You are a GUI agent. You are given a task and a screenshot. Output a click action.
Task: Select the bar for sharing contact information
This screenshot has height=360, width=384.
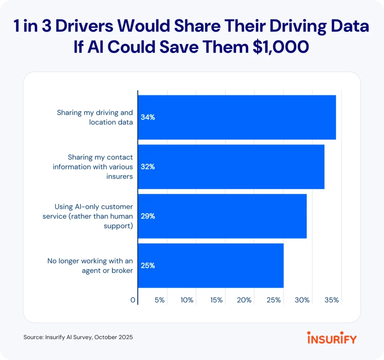tap(231, 167)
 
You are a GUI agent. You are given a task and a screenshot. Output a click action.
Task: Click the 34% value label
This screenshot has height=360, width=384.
tap(148, 117)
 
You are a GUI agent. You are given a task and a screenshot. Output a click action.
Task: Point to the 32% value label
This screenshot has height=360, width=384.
tap(148, 167)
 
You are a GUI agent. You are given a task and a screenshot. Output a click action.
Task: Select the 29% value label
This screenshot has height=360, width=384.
tap(148, 216)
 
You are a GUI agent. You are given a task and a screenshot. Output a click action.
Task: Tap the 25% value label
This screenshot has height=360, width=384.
tap(148, 266)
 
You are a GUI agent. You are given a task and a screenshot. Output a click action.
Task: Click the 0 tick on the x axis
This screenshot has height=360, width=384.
tap(133, 300)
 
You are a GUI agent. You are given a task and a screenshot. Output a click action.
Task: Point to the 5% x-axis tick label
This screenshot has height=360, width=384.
tap(160, 300)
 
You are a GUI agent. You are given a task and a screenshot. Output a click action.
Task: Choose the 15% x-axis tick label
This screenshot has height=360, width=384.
tap(216, 300)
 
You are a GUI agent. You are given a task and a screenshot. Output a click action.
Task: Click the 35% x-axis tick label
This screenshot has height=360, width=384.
tap(332, 300)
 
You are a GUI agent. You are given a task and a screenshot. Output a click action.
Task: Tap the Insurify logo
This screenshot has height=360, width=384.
tap(332, 337)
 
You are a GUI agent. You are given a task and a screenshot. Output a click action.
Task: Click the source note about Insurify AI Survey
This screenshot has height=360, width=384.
tap(78, 337)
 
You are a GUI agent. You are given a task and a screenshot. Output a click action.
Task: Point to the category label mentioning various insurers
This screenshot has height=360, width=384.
tap(93, 167)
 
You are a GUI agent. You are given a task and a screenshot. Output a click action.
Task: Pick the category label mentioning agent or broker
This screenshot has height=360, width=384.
tap(90, 266)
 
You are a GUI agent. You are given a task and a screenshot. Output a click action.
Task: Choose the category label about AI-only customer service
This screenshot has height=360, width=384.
tap(94, 216)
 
